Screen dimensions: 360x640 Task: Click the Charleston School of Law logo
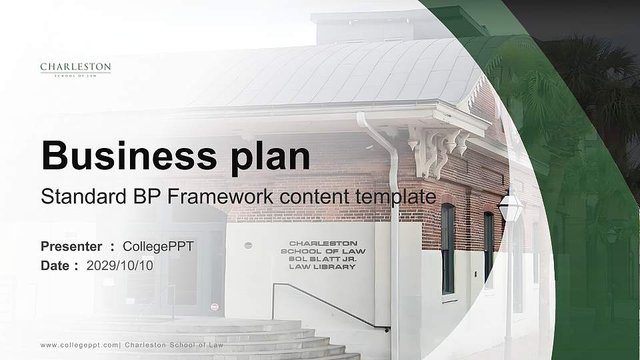(x=75, y=69)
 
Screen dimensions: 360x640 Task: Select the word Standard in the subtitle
(x=81, y=197)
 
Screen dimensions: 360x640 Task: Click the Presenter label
(x=71, y=247)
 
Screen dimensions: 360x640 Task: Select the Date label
(x=55, y=265)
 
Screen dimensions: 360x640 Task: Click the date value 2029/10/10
(x=120, y=265)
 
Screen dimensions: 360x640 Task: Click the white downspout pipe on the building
(x=393, y=220)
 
